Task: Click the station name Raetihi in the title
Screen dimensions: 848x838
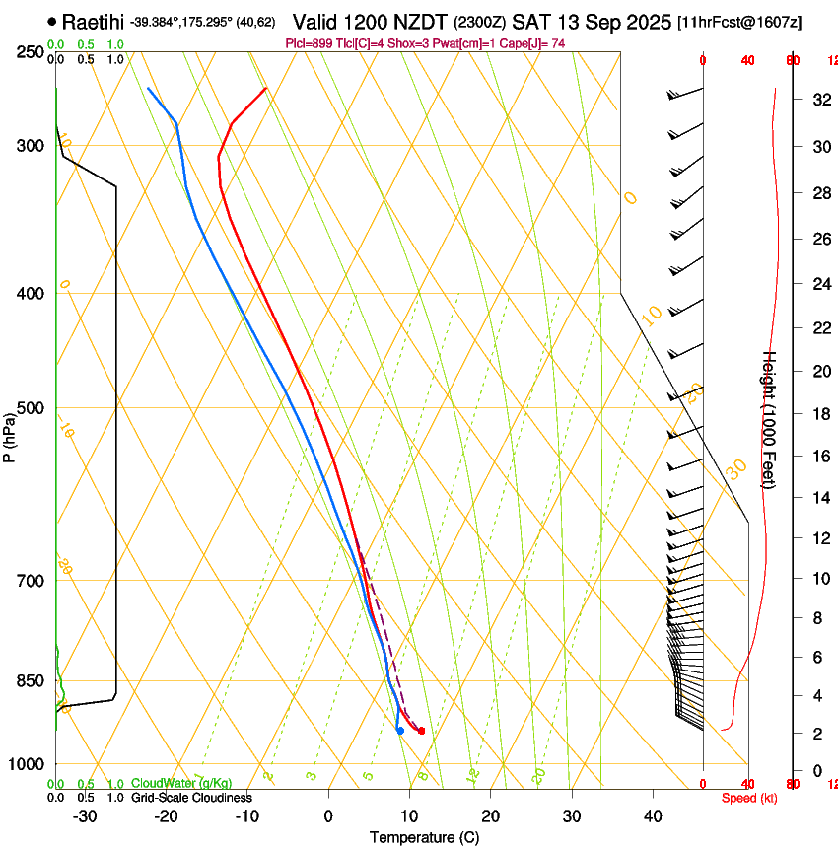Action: pos(94,22)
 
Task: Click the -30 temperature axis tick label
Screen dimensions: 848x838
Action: pos(85,816)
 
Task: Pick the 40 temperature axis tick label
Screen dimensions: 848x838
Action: pos(653,816)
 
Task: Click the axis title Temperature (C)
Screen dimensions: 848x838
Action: pos(424,837)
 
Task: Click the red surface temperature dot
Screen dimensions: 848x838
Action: pos(421,731)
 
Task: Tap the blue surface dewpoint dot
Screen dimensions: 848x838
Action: pos(400,731)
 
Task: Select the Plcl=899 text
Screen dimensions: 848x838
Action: pos(309,43)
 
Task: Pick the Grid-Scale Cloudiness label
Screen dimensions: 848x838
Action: pos(191,797)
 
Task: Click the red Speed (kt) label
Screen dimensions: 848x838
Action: pos(748,797)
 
